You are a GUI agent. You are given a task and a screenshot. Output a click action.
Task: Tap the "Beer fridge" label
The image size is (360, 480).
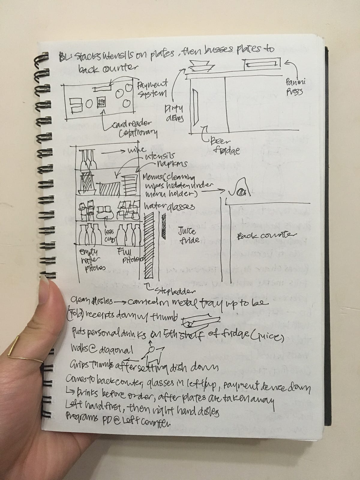click(x=223, y=145)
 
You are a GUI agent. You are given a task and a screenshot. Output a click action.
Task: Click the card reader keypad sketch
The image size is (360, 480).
click(x=101, y=103)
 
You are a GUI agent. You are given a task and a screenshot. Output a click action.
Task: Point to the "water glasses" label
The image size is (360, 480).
click(x=169, y=207)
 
